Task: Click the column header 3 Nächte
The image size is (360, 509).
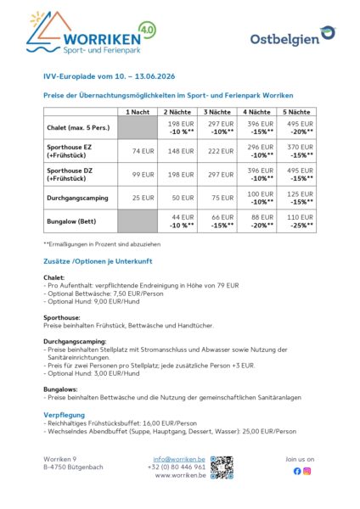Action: tap(217, 111)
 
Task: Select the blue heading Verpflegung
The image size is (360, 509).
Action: tap(64, 415)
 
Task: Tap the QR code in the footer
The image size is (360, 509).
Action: tap(222, 468)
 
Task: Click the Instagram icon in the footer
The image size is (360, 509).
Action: tap(307, 471)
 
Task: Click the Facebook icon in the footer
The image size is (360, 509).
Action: tap(296, 471)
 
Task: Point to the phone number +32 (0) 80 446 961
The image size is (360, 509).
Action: tap(176, 467)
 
